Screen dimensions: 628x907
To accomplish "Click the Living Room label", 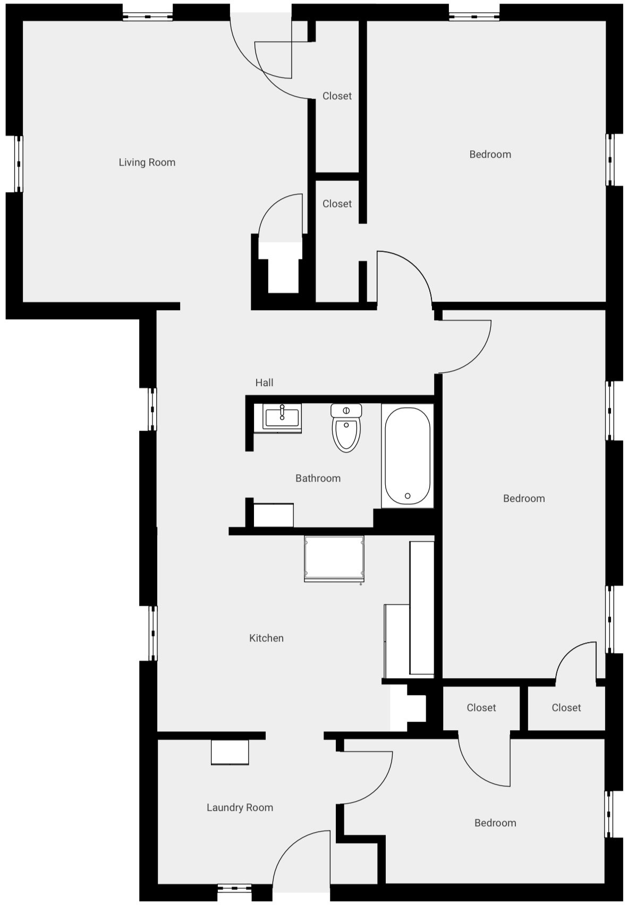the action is tap(147, 162).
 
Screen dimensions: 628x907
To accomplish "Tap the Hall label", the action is tap(264, 383).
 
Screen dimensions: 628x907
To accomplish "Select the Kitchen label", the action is tap(266, 638).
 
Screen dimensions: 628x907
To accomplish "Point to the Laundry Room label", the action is tap(240, 807).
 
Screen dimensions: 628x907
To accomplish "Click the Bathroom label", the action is tap(318, 478).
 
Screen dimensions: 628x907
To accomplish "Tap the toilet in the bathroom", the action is tap(346, 427).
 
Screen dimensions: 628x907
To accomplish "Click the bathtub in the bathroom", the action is tap(407, 456).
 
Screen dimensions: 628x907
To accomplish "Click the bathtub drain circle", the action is tap(408, 496).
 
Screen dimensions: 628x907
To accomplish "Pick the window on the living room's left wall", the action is tap(19, 164).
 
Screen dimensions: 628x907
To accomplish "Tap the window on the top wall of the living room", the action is tap(148, 17).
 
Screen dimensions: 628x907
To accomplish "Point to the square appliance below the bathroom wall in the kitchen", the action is tap(334, 559).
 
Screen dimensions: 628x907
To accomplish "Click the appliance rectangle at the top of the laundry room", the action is tap(230, 752).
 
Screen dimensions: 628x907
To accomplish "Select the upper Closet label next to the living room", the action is tap(337, 96).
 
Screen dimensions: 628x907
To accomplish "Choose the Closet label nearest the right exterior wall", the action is tap(566, 708).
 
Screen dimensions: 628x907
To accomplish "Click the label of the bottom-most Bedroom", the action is tap(495, 823).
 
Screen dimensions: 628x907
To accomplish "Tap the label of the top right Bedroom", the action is tap(490, 155).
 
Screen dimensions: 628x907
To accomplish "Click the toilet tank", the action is tap(346, 410).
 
